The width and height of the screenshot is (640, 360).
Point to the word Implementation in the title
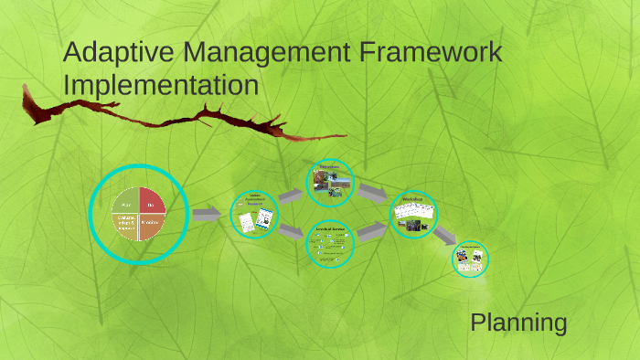pyautogui.click(x=161, y=86)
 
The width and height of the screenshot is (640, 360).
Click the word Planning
pyautogui.click(x=518, y=323)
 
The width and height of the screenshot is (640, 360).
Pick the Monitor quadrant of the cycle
pyautogui.click(x=152, y=226)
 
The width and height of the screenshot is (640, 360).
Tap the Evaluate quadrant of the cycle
pyautogui.click(x=126, y=226)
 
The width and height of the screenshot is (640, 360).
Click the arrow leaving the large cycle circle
pyautogui.click(x=206, y=214)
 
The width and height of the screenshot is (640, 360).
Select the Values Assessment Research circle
pyautogui.click(x=254, y=216)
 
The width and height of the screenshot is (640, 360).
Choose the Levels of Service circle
pyautogui.click(x=330, y=242)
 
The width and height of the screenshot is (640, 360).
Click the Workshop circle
pyautogui.click(x=413, y=216)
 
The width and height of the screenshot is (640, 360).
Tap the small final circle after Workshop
pyautogui.click(x=472, y=259)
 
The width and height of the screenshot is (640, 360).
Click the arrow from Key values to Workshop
pyautogui.click(x=371, y=193)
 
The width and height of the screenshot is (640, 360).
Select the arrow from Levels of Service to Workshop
pyautogui.click(x=371, y=232)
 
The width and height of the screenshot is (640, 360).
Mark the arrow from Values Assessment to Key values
pyautogui.click(x=291, y=196)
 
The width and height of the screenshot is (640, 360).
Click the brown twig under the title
pyautogui.click(x=183, y=119)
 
